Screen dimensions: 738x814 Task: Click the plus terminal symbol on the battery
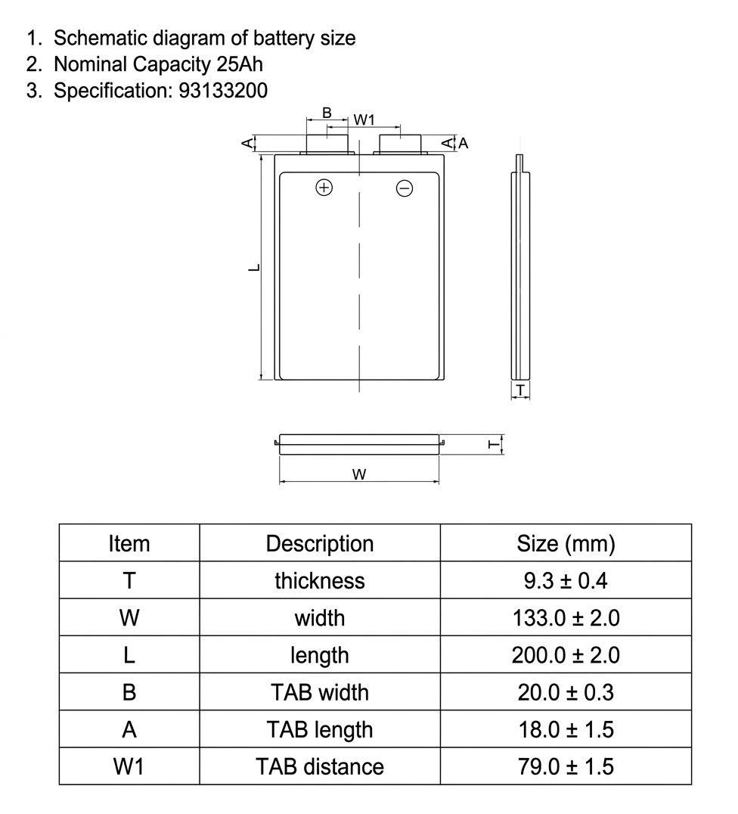tap(324, 188)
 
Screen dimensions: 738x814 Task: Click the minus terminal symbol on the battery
tap(405, 188)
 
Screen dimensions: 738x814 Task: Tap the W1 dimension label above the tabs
tap(364, 120)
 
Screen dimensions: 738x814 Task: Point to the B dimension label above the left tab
tap(327, 112)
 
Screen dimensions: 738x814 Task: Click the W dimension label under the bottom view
tap(359, 474)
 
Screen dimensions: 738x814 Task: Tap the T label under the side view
tap(520, 390)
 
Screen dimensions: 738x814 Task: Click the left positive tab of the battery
tap(327, 144)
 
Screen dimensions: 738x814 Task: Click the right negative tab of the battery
tap(400, 144)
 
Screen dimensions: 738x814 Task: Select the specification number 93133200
tap(223, 90)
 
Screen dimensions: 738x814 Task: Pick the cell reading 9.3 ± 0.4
tap(566, 580)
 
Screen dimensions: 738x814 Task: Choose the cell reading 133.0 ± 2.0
tap(566, 618)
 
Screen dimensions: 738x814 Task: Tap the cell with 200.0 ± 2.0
tap(566, 655)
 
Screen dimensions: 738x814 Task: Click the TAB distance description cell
tap(320, 767)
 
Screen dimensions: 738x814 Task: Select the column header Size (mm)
tap(566, 543)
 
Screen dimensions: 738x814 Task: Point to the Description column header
tap(320, 543)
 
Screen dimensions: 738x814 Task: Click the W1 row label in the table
tap(129, 767)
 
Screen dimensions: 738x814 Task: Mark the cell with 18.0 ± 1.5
tap(566, 729)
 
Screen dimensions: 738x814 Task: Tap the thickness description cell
tap(320, 580)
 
